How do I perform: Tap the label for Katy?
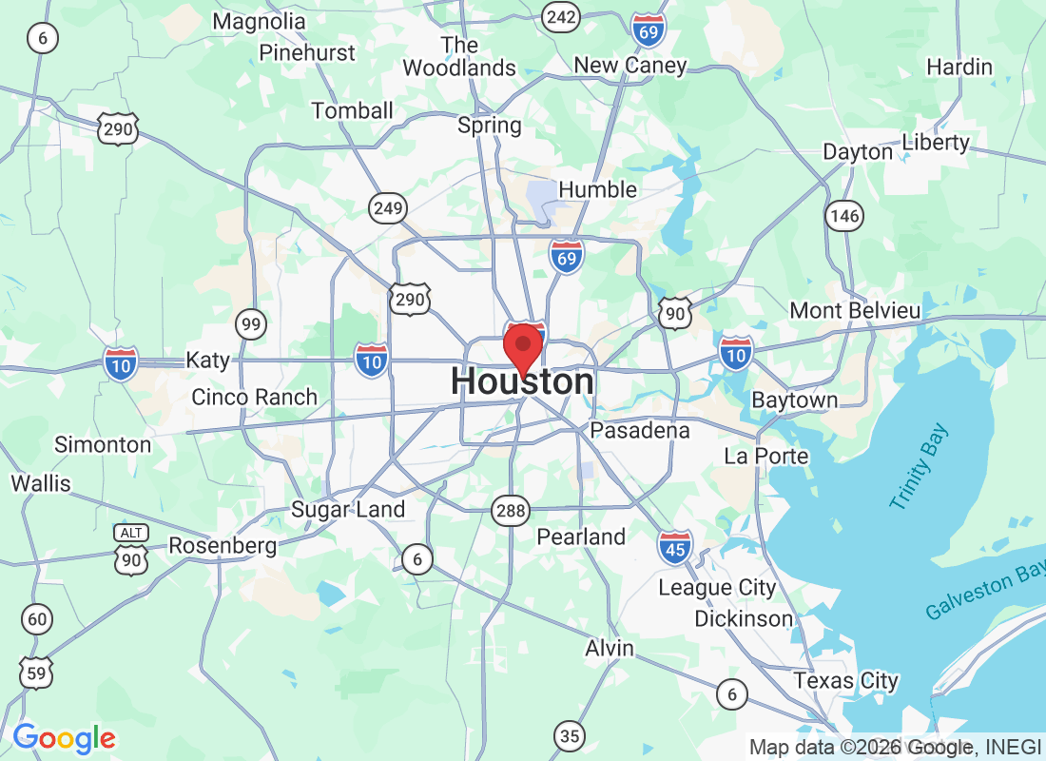207,361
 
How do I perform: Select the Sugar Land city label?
348,510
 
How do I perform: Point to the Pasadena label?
640,431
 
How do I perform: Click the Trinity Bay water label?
920,468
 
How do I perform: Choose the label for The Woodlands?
459,56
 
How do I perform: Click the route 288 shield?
510,512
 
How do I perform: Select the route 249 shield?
389,208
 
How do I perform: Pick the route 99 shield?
251,325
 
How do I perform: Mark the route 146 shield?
843,216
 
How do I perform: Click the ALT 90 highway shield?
130,551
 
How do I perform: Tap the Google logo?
65,737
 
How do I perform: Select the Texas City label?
845,681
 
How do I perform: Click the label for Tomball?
352,111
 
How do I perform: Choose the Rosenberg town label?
223,546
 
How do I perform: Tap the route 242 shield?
561,16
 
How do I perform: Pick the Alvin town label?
609,649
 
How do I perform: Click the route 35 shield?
570,735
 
